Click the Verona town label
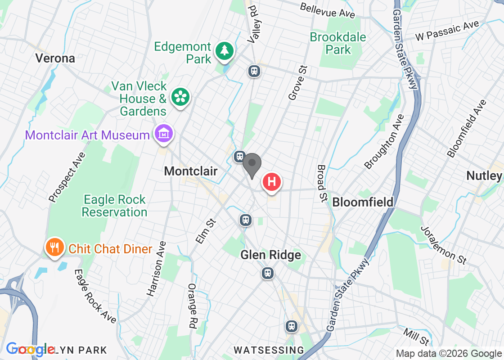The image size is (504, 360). point(55,58)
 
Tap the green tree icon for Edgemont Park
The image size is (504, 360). point(224,50)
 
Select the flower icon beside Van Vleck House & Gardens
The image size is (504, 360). point(180,97)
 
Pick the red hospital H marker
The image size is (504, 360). point(272,182)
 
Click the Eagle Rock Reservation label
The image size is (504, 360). point(115,206)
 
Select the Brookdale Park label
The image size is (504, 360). point(338,43)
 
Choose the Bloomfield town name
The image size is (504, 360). point(363,202)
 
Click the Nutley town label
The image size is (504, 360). point(484,175)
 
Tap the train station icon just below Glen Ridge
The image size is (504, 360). point(268,273)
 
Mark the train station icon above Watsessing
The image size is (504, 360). point(292,326)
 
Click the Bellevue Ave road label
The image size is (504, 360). point(327,10)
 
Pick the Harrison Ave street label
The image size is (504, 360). point(157,269)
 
